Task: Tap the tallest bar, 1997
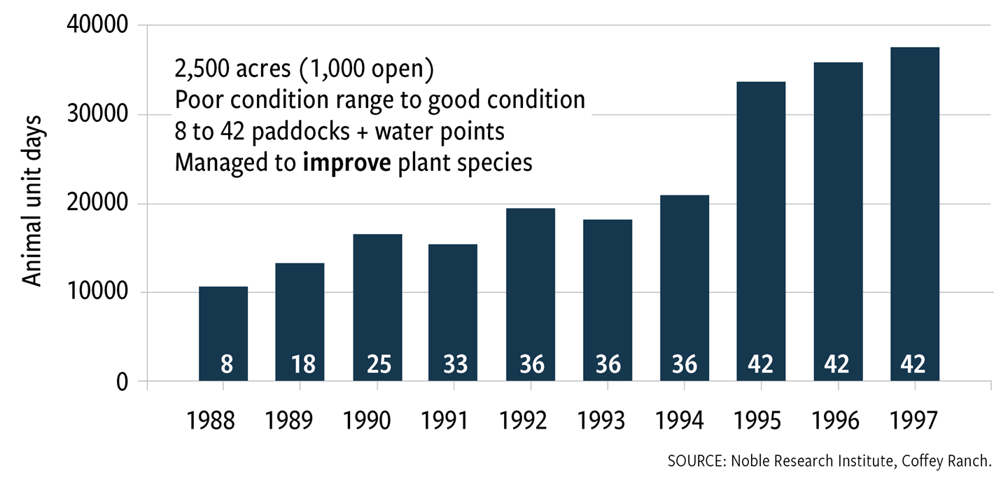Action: pos(914,210)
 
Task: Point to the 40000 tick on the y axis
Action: pos(97,26)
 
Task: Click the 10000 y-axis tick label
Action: pos(97,293)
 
